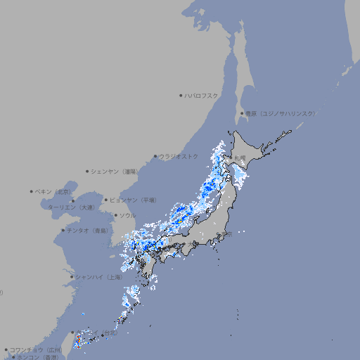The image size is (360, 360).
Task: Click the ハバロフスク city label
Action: [x=202, y=95]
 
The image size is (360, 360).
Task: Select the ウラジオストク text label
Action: [x=179, y=156]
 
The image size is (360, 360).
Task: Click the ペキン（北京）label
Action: [x=53, y=191]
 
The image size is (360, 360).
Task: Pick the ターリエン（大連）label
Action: [x=71, y=207]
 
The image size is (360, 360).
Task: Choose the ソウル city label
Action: [x=127, y=215]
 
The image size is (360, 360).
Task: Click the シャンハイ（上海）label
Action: [x=99, y=277]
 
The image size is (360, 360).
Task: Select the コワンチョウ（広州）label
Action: [x=36, y=349]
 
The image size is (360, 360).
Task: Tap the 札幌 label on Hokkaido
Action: [x=241, y=157]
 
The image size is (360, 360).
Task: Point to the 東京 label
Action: [x=227, y=233]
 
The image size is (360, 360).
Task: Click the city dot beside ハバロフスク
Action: [x=181, y=95]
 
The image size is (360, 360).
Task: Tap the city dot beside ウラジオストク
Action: [x=155, y=156]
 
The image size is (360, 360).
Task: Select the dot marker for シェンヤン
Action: [x=88, y=171]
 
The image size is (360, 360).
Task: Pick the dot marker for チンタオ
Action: [x=63, y=230]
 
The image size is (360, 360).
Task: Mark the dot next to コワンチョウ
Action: [x=6, y=349]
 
